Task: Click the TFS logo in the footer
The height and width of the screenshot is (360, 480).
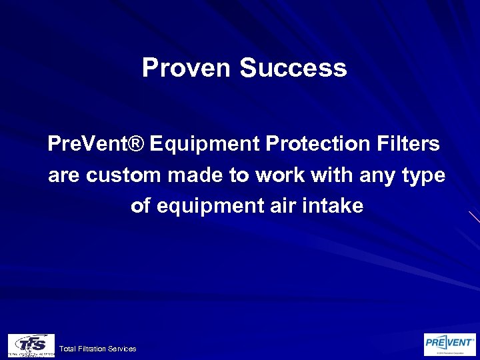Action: pos(31,345)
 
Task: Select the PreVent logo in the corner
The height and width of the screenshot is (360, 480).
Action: pos(450,344)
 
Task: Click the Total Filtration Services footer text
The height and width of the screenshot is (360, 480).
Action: pos(97,349)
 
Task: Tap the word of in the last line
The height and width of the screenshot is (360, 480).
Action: pos(141,206)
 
